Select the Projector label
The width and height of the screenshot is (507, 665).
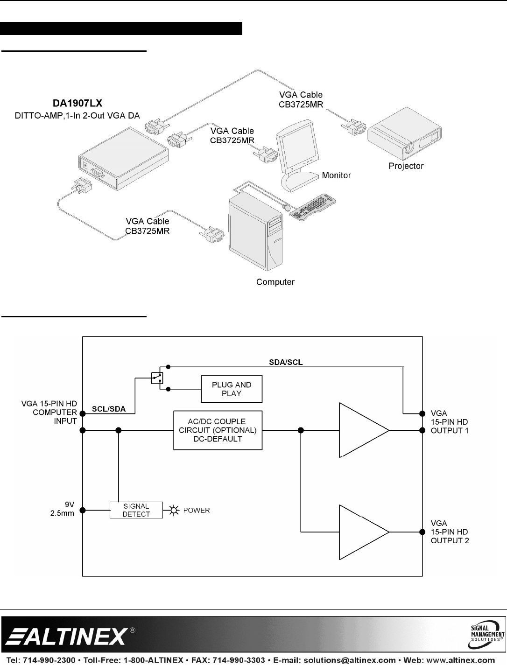pyautogui.click(x=406, y=166)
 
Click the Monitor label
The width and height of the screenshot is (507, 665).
pyautogui.click(x=336, y=175)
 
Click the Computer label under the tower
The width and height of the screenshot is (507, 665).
pyautogui.click(x=275, y=282)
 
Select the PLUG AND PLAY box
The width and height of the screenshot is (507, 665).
pyautogui.click(x=232, y=389)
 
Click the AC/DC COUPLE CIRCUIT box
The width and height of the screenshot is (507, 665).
pyautogui.click(x=218, y=430)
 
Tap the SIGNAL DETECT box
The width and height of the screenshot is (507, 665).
pyautogui.click(x=136, y=510)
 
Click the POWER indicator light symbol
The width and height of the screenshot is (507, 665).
pyautogui.click(x=175, y=511)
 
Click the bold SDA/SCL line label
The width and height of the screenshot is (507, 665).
pyautogui.click(x=286, y=363)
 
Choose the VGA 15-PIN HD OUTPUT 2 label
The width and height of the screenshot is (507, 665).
pyautogui.click(x=450, y=532)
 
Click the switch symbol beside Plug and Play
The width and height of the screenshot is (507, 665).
pyautogui.click(x=157, y=378)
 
